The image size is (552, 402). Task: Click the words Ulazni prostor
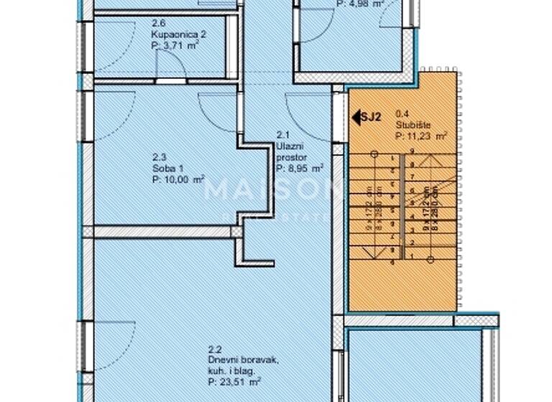point(291,151)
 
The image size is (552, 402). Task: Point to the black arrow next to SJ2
point(355,114)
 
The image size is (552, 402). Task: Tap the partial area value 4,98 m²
point(359,3)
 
